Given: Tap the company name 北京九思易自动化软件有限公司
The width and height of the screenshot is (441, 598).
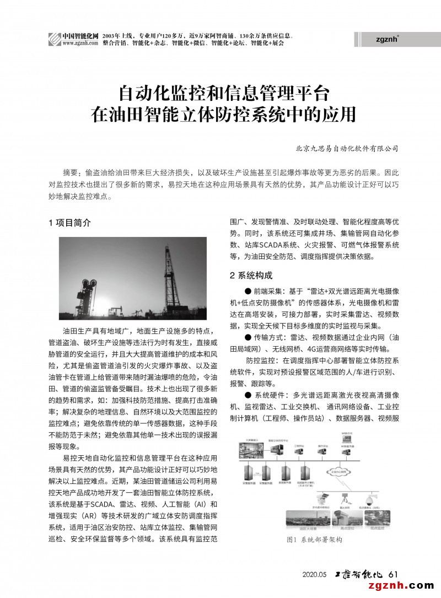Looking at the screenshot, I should click(347, 149).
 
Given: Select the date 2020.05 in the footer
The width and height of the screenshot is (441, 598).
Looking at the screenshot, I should click(315, 574).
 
